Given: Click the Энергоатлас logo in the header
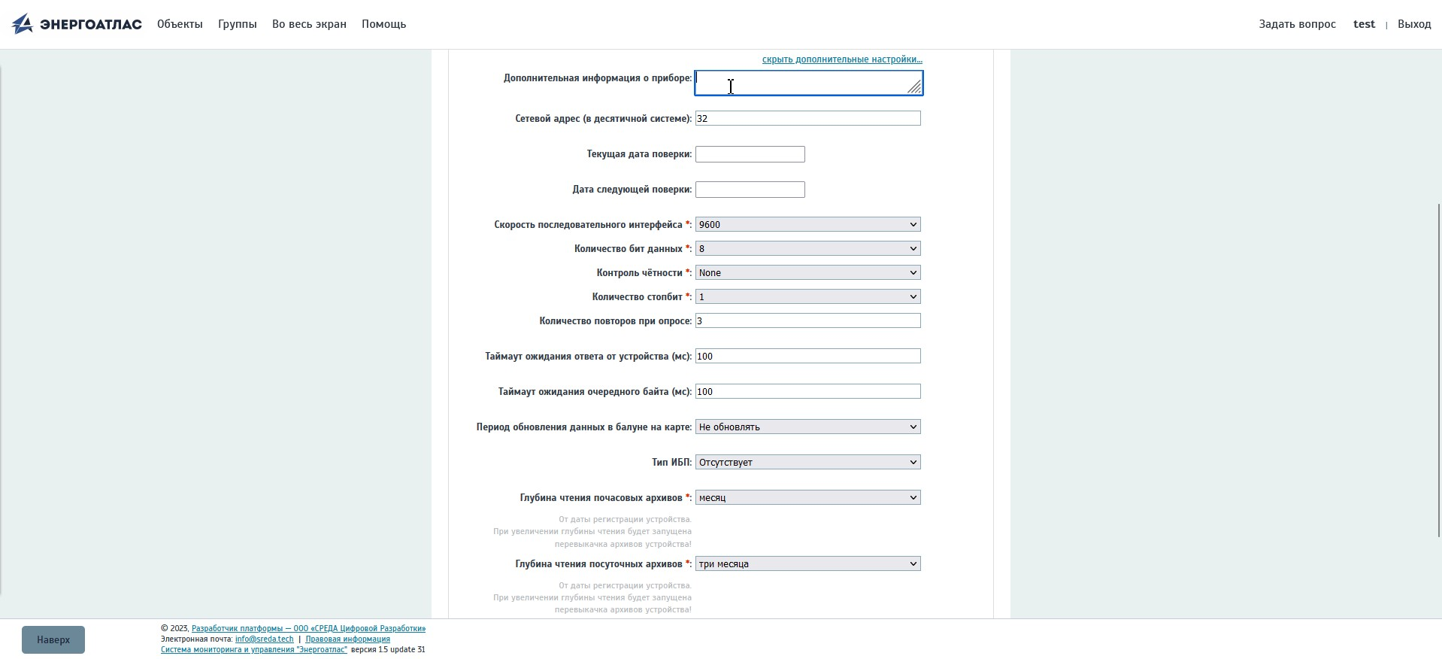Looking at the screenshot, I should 77,24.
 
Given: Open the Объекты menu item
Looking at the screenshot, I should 180,24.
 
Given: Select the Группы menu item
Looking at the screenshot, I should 237,24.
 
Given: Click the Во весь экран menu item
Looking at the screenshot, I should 309,24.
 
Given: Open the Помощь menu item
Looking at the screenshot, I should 383,24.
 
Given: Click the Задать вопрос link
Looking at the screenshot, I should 1297,24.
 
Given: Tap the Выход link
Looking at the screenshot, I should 1413,24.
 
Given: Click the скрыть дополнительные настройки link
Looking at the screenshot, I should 842,59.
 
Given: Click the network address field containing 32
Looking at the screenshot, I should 807,118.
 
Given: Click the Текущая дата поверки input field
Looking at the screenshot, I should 750,154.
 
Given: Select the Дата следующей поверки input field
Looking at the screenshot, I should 750,190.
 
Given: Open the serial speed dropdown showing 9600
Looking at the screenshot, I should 807,224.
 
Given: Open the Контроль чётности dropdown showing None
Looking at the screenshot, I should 807,272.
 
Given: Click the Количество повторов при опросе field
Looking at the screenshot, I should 807,320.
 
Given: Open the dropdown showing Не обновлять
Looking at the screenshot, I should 807,427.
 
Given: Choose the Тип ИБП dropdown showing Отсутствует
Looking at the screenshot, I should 807,462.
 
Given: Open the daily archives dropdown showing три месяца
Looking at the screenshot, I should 807,563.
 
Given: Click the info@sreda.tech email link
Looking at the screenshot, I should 264,639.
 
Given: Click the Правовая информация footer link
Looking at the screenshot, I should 347,639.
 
